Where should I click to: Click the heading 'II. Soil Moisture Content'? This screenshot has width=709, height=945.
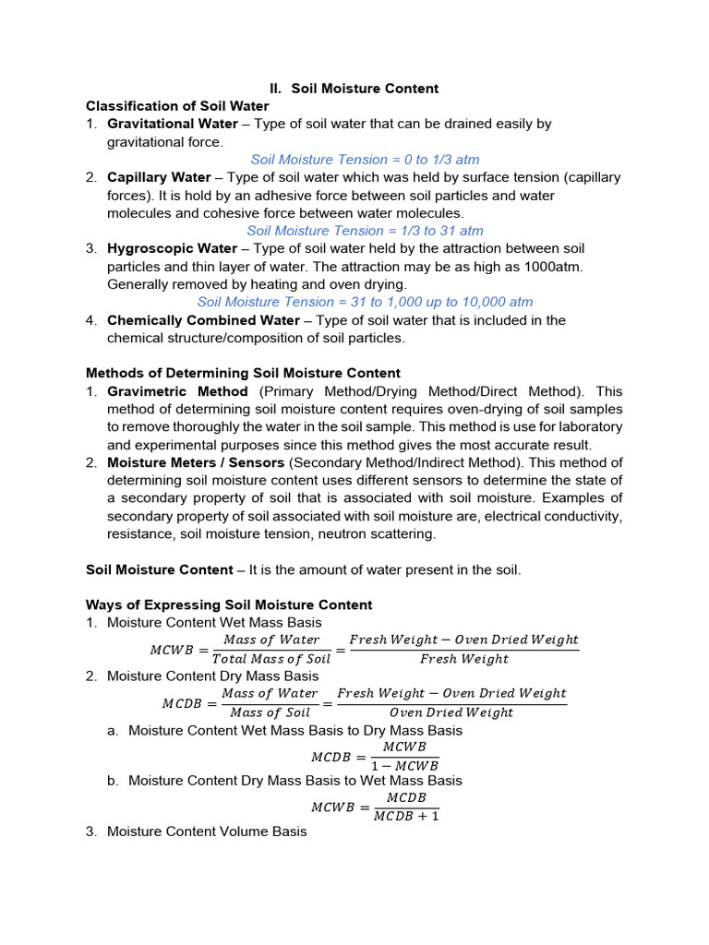(354, 89)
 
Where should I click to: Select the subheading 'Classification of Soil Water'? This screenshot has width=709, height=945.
(177, 106)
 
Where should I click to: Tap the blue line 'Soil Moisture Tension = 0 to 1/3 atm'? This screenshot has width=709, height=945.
(365, 160)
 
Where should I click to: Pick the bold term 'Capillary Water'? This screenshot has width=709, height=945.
(159, 177)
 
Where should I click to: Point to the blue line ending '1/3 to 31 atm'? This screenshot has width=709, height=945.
(365, 231)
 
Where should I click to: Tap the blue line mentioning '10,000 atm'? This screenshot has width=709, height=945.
(365, 303)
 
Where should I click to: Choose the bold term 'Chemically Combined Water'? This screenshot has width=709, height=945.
(203, 320)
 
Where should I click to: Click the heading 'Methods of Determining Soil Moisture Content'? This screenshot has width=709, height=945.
(243, 374)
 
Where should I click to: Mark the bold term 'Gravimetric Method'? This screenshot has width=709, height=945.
(177, 391)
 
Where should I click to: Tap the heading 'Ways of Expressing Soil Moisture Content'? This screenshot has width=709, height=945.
(229, 605)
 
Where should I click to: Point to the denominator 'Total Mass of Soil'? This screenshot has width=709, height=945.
(270, 659)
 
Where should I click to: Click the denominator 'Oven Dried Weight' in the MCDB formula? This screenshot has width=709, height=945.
(451, 712)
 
